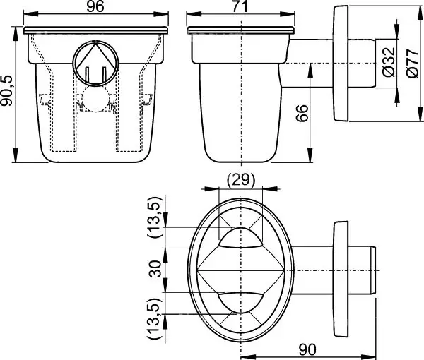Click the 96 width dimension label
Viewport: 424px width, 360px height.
pos(95,6)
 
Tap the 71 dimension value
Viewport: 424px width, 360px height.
pos(240,6)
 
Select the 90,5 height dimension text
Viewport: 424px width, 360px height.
pos(6,90)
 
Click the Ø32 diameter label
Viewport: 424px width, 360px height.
pos(389,63)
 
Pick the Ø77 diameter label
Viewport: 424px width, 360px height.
pos(412,64)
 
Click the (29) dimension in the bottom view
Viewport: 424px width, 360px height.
pos(241,179)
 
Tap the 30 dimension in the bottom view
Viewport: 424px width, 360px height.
pos(155,269)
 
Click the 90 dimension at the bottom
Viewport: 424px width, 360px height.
pos(307,349)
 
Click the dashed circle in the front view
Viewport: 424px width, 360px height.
pos(95,99)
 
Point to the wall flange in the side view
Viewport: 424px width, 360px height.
pos(341,64)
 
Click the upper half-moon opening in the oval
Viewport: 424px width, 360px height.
pos(240,238)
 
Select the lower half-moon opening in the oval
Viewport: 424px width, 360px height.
pos(240,303)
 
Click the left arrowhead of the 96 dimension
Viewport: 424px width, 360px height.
pos(30,14)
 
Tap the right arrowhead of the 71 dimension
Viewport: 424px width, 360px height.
pos(288,14)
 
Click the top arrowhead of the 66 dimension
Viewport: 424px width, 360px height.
pos(310,71)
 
